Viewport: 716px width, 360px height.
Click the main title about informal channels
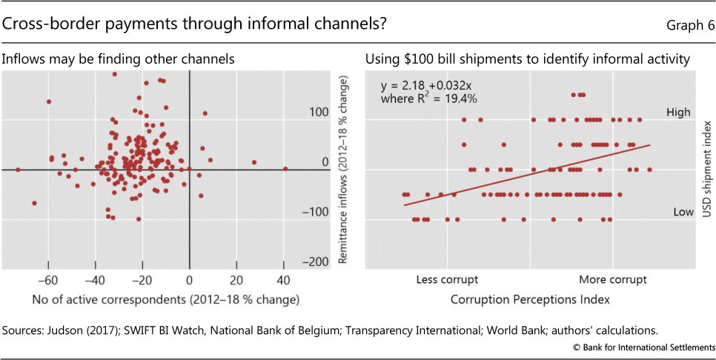[193, 24]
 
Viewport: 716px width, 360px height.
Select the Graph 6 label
[689, 25]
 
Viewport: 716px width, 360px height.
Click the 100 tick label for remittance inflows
[319, 113]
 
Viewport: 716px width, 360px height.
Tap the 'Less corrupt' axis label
[447, 279]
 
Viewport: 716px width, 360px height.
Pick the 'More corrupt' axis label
[613, 279]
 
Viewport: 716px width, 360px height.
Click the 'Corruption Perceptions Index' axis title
[529, 299]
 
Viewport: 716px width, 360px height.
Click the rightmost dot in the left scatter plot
[285, 169]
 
